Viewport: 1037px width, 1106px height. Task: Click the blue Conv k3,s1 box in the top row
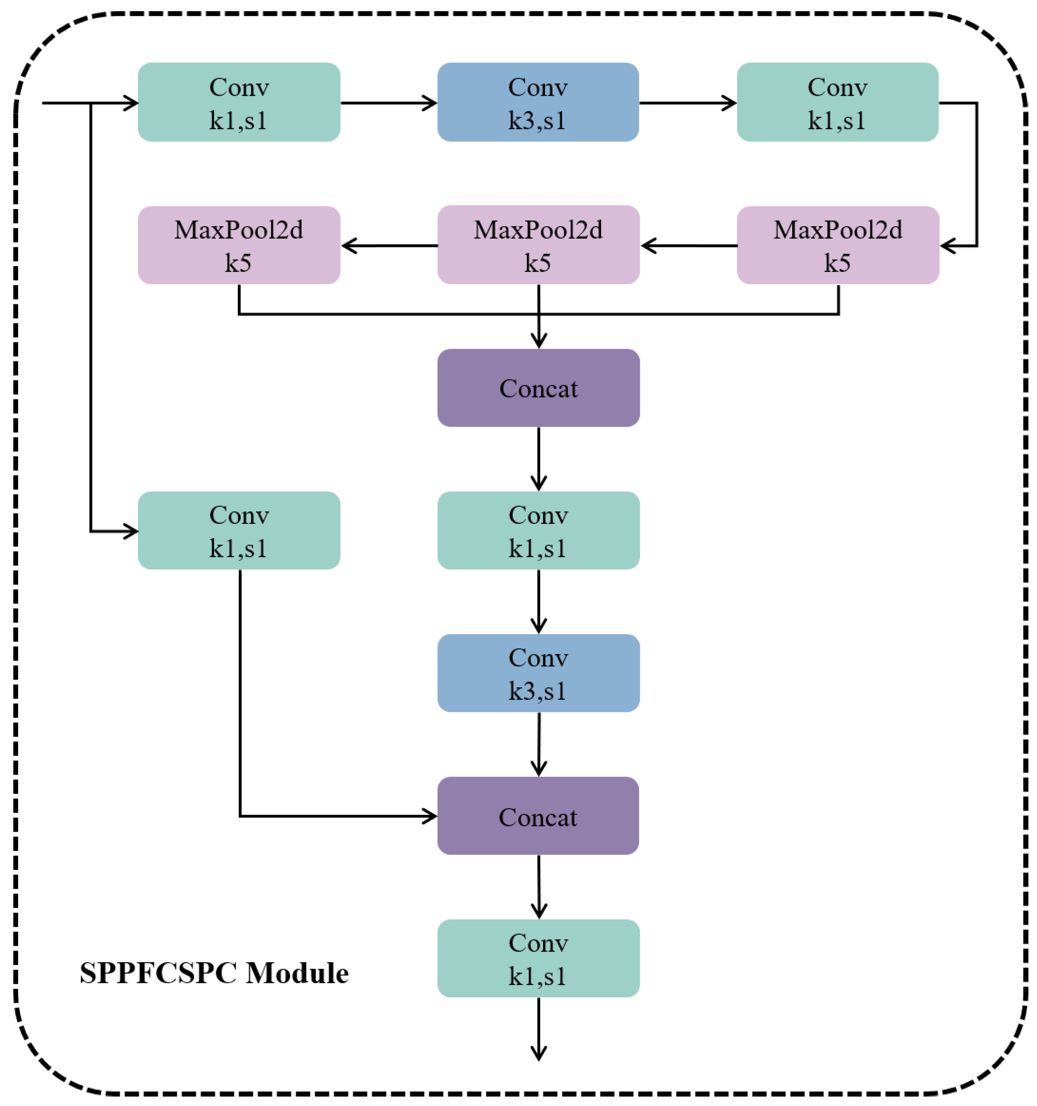tap(538, 102)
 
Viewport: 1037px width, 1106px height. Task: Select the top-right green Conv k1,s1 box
tap(837, 102)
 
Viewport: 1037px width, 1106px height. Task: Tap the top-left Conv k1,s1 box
tap(239, 102)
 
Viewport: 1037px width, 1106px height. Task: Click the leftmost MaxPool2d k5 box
tap(239, 245)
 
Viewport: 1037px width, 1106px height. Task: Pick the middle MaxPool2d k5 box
tap(538, 245)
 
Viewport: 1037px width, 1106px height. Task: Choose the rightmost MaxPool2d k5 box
tap(838, 245)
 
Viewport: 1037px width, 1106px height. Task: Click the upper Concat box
tap(538, 388)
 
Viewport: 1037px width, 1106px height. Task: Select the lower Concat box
tap(538, 816)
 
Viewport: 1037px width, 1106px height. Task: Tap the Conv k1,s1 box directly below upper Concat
tap(538, 530)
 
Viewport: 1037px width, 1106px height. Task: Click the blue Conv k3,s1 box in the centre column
tap(538, 673)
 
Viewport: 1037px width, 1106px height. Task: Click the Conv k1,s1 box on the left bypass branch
tap(239, 530)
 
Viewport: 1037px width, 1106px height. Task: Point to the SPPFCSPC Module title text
tap(214, 973)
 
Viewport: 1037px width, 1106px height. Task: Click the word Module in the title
tap(297, 973)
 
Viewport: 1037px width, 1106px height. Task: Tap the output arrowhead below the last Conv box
tap(538, 1054)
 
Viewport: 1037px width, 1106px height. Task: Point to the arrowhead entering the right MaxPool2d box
tap(947, 245)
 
